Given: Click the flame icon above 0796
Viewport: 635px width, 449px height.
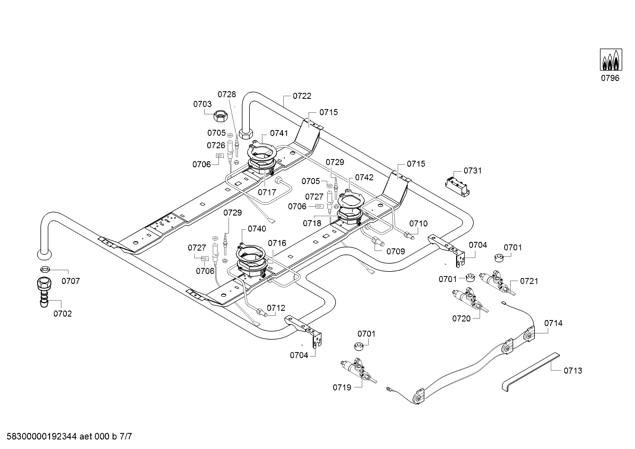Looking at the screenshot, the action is point(611,59).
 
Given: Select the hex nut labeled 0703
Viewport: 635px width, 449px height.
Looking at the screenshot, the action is point(220,117).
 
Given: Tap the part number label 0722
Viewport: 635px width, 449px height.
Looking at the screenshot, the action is point(302,96).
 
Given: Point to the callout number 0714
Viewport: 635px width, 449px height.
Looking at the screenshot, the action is point(553,323).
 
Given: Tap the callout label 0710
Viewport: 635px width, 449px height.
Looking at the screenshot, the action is point(418,223).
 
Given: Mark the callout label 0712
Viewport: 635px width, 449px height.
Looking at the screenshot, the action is point(276,308).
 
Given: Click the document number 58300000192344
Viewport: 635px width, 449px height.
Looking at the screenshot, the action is point(42,436).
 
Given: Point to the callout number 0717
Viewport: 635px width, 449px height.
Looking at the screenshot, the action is point(267,192).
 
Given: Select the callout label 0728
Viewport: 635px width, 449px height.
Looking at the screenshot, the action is point(227,94).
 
